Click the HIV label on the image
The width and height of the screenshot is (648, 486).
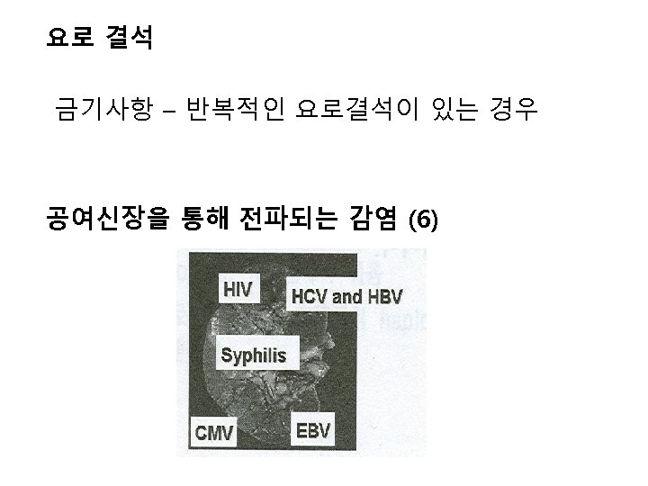click(238, 290)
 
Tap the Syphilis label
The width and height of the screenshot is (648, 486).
click(254, 355)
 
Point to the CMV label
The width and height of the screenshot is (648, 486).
click(215, 433)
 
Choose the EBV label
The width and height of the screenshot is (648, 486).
click(313, 430)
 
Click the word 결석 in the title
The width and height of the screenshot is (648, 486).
click(130, 39)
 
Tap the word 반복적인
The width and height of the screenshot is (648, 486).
click(235, 112)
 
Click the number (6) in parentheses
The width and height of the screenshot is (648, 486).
click(424, 220)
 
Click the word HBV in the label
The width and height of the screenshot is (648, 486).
click(383, 296)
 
